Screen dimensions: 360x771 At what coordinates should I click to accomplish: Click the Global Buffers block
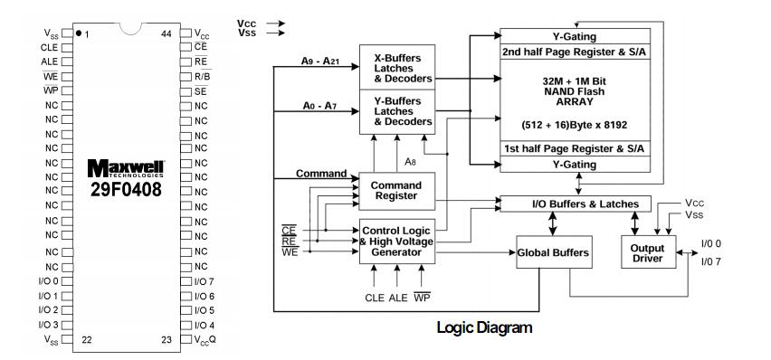(x=554, y=253)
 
